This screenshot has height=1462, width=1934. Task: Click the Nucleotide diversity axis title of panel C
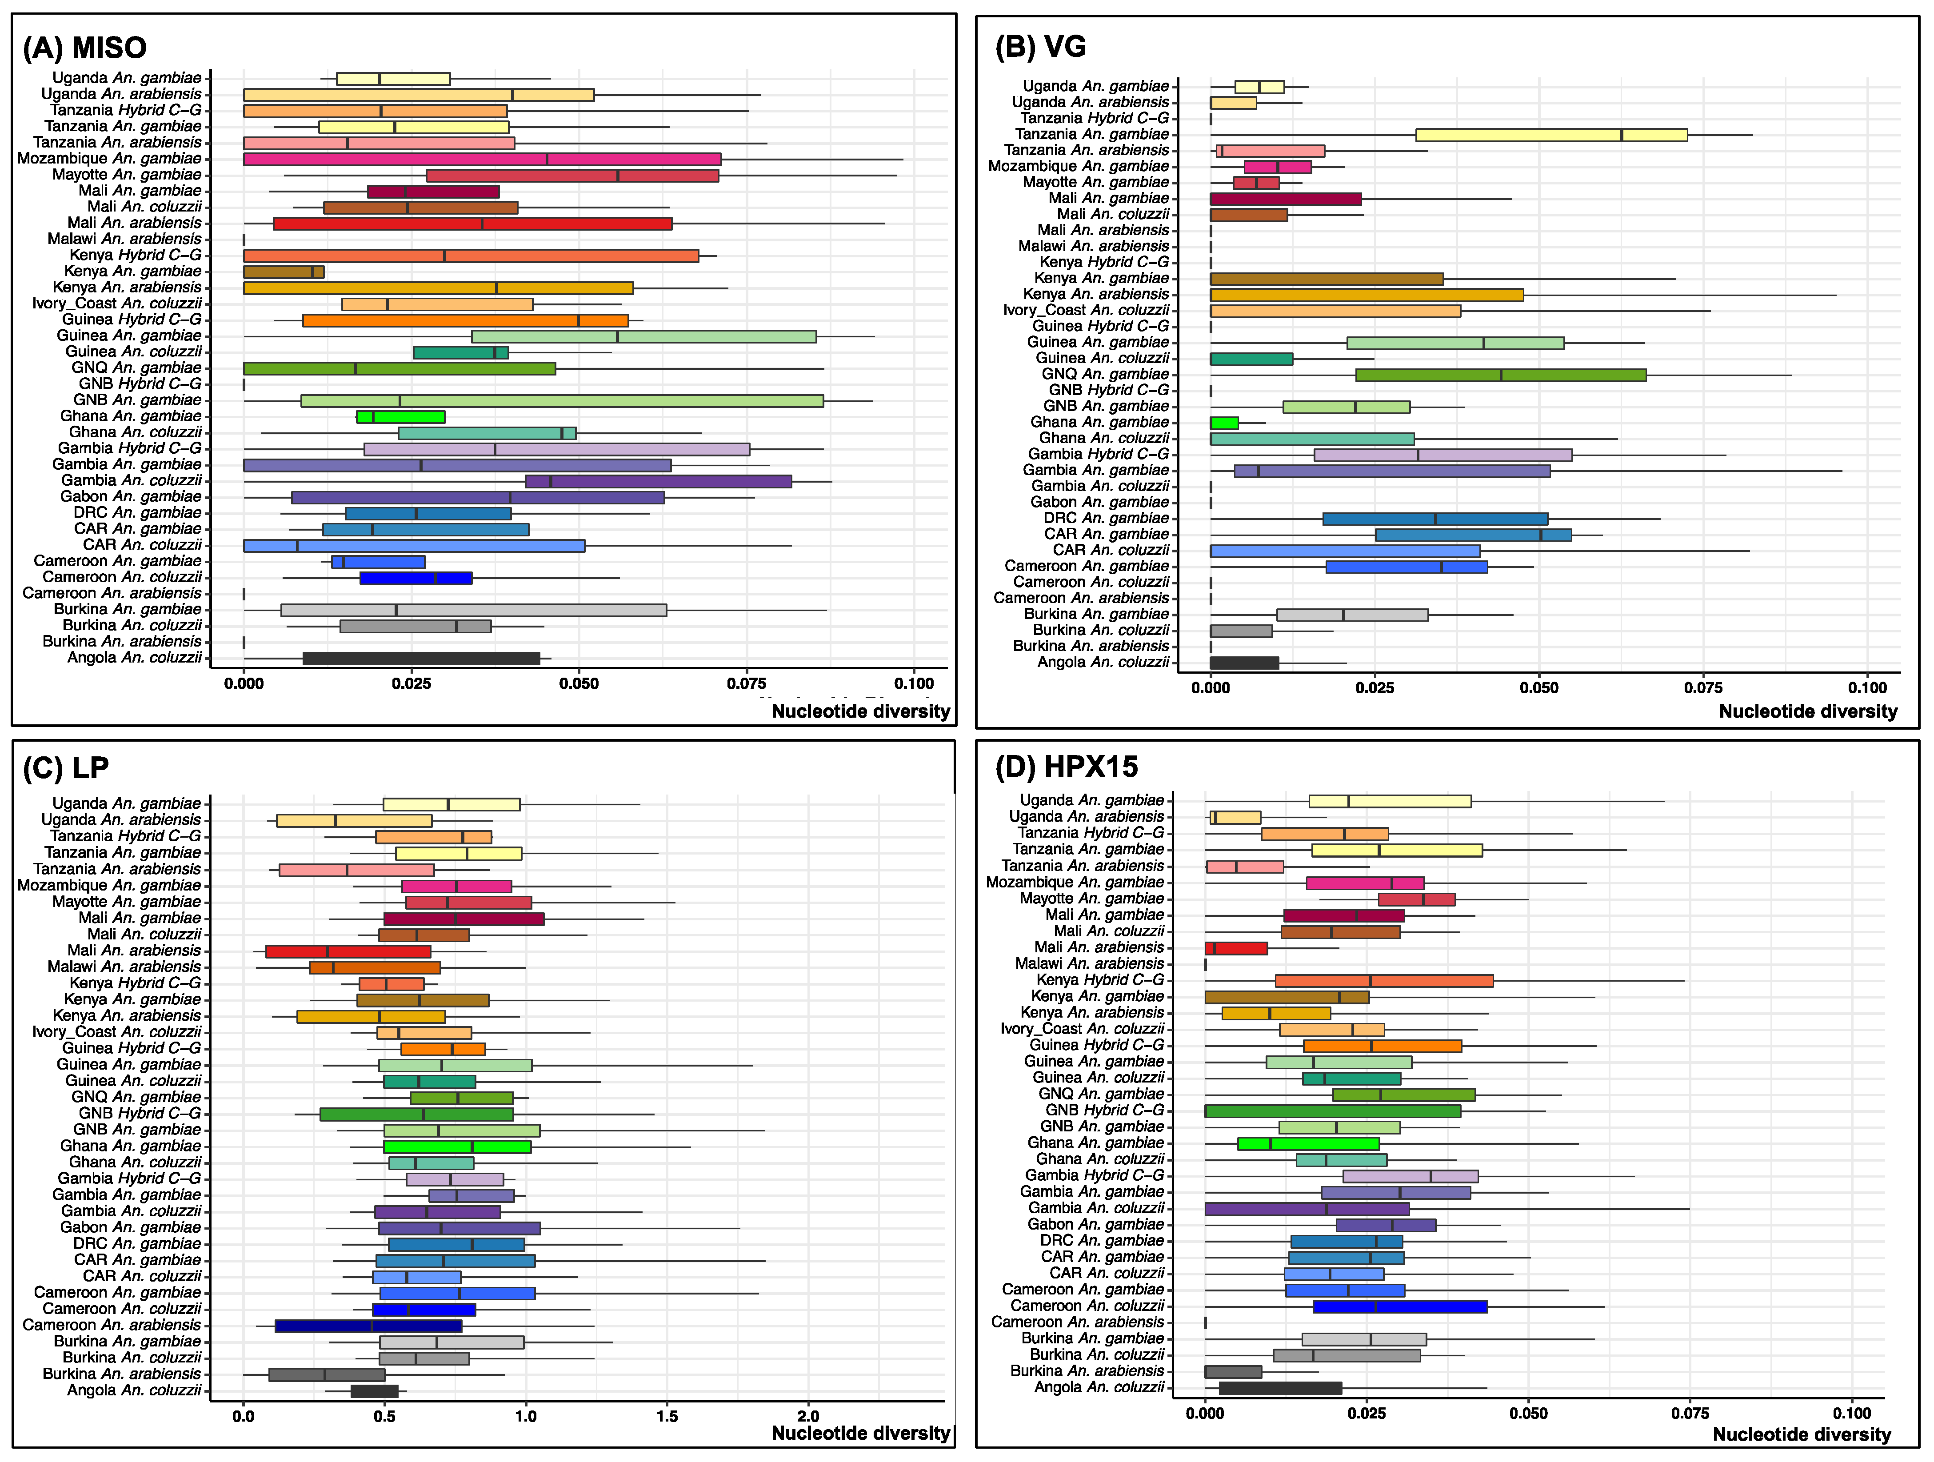pos(860,1433)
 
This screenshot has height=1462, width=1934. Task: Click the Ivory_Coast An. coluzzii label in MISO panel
pos(116,304)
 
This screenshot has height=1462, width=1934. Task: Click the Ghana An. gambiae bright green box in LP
pos(456,1146)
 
